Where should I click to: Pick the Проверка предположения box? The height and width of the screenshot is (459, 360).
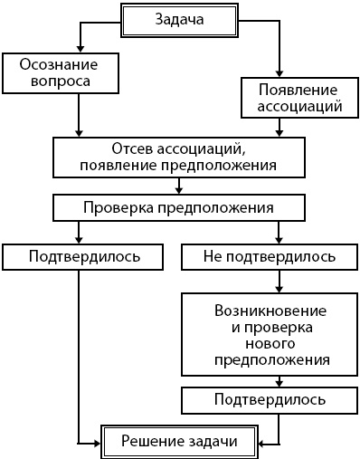click(x=177, y=207)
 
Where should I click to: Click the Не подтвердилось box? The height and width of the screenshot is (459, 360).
click(x=270, y=256)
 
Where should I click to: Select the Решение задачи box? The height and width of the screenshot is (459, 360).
click(x=181, y=442)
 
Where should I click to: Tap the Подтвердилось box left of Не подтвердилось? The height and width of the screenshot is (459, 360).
click(x=84, y=256)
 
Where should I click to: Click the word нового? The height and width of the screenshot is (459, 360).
click(x=270, y=343)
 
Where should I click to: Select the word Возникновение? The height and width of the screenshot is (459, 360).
click(x=270, y=309)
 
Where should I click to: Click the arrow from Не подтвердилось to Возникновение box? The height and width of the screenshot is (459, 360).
click(x=270, y=281)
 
